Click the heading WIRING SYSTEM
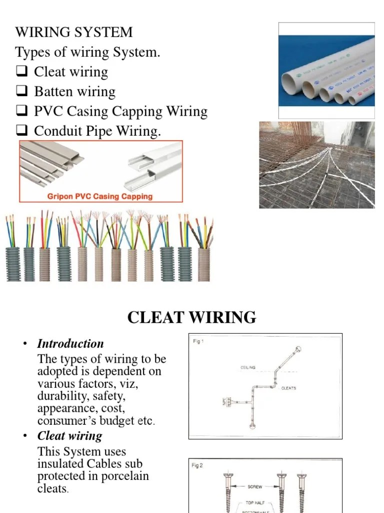74,32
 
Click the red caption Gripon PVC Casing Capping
100,196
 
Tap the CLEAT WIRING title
191,317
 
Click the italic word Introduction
70,344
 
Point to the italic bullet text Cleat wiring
69,435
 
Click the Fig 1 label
198,341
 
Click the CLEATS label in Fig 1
288,388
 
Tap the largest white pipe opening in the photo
293,80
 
